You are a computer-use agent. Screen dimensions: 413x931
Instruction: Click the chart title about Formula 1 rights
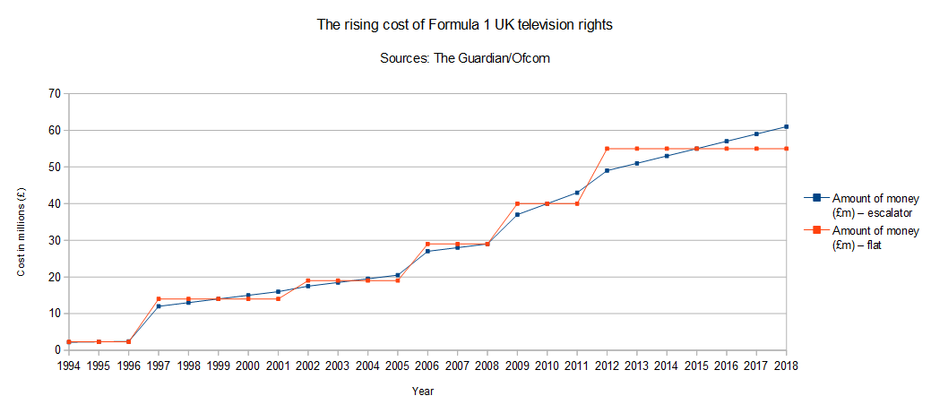tap(465, 25)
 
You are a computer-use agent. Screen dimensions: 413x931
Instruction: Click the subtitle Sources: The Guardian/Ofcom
tap(465, 58)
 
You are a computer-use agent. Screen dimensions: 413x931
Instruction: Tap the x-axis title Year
tap(423, 391)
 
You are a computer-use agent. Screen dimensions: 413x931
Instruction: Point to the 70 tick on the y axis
tap(55, 93)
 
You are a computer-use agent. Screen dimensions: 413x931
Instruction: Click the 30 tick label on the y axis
tap(55, 240)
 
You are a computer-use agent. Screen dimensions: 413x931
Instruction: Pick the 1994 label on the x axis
tap(68, 366)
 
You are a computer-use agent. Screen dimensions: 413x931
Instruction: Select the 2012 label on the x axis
tap(608, 366)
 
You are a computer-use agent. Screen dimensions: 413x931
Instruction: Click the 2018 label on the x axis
tap(787, 366)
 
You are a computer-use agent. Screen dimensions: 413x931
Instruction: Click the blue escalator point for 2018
tap(787, 126)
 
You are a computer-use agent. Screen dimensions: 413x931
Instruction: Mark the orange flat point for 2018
tap(787, 149)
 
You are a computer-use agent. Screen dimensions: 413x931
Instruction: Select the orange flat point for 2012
tap(608, 149)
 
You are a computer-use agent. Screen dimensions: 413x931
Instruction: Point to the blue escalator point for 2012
tap(608, 170)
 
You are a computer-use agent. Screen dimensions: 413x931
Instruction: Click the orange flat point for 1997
tap(159, 299)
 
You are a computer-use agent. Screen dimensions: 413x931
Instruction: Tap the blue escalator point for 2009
tap(517, 215)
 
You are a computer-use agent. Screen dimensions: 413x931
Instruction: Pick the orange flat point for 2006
tap(427, 244)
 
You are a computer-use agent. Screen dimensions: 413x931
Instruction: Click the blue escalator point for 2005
tap(398, 275)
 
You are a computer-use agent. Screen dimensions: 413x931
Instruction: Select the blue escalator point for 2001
tap(278, 291)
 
